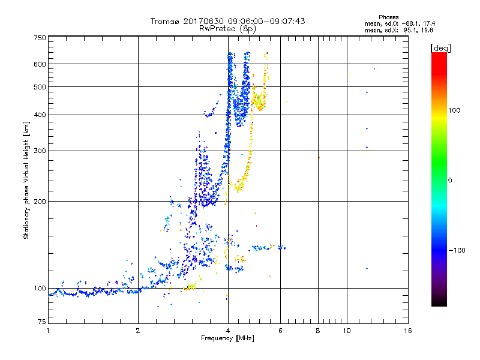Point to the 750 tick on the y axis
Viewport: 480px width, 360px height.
coord(40,38)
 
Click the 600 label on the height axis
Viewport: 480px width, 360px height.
coord(40,64)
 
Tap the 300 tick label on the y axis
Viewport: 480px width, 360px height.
coord(40,151)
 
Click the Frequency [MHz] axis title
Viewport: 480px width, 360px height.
coord(227,339)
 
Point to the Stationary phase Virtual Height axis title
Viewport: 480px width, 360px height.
coord(26,181)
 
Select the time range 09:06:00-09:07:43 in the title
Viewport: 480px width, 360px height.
coord(262,21)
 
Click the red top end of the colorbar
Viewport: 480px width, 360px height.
coord(439,55)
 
